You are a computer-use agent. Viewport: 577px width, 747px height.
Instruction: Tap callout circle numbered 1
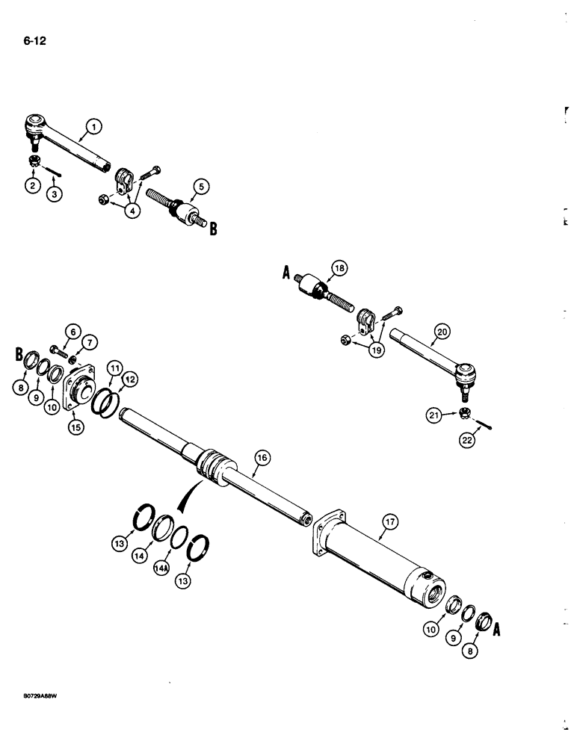(x=94, y=128)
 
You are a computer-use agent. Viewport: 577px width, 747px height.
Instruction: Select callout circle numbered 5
(x=200, y=187)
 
